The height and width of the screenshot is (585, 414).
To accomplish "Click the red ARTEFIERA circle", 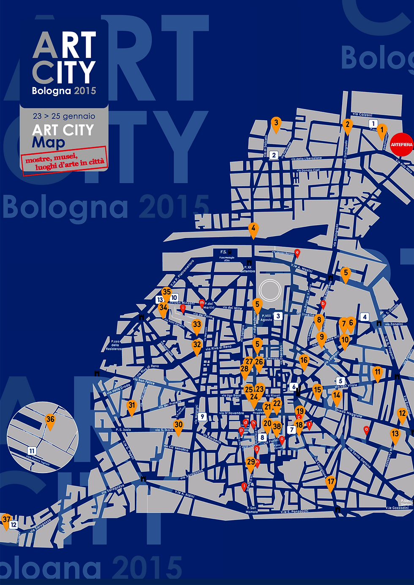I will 401,144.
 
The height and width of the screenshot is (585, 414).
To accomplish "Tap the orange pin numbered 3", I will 276,124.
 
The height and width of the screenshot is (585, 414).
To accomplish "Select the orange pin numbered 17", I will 330,482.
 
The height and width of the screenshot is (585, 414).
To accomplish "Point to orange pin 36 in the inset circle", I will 50,420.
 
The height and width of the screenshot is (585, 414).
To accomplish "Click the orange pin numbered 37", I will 6,520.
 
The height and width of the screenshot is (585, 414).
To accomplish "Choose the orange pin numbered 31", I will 132,406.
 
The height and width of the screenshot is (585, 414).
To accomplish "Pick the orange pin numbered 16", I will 304,361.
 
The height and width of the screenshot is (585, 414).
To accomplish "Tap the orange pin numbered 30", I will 178,426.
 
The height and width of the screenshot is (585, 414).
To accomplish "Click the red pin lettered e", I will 297,253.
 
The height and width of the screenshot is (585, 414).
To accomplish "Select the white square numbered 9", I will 203,417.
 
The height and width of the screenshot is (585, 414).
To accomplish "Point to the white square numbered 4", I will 365,317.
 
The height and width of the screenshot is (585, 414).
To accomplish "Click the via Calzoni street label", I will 362,114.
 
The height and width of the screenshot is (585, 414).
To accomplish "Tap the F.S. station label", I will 224,252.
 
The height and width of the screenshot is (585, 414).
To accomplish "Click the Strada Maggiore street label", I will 348,413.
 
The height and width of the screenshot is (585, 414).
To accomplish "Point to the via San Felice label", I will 144,381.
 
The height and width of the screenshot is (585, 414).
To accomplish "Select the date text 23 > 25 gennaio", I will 64,116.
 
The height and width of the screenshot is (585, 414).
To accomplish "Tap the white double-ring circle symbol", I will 270,290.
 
